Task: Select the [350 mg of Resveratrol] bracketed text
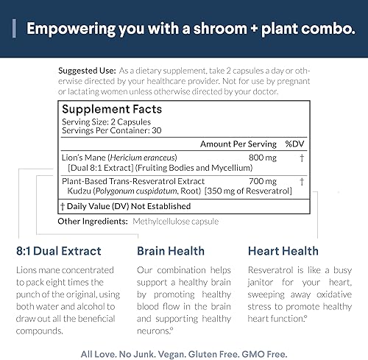pyautogui.click(x=240, y=191)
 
